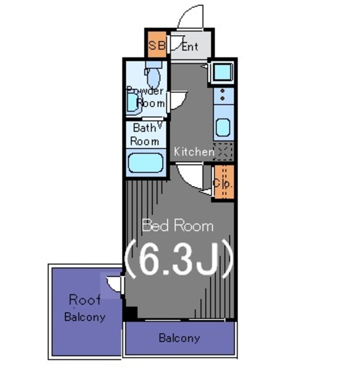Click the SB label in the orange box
[x=156, y=45]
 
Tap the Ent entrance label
[x=190, y=46]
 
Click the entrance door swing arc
[x=193, y=16]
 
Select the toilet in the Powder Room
[x=153, y=77]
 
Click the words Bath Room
[x=145, y=135]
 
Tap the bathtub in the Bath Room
[x=145, y=163]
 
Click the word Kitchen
[x=194, y=152]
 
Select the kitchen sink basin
[x=222, y=127]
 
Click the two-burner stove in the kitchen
[x=222, y=95]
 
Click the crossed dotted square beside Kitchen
[x=223, y=151]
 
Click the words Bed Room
[x=177, y=226]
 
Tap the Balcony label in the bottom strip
[x=179, y=338]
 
